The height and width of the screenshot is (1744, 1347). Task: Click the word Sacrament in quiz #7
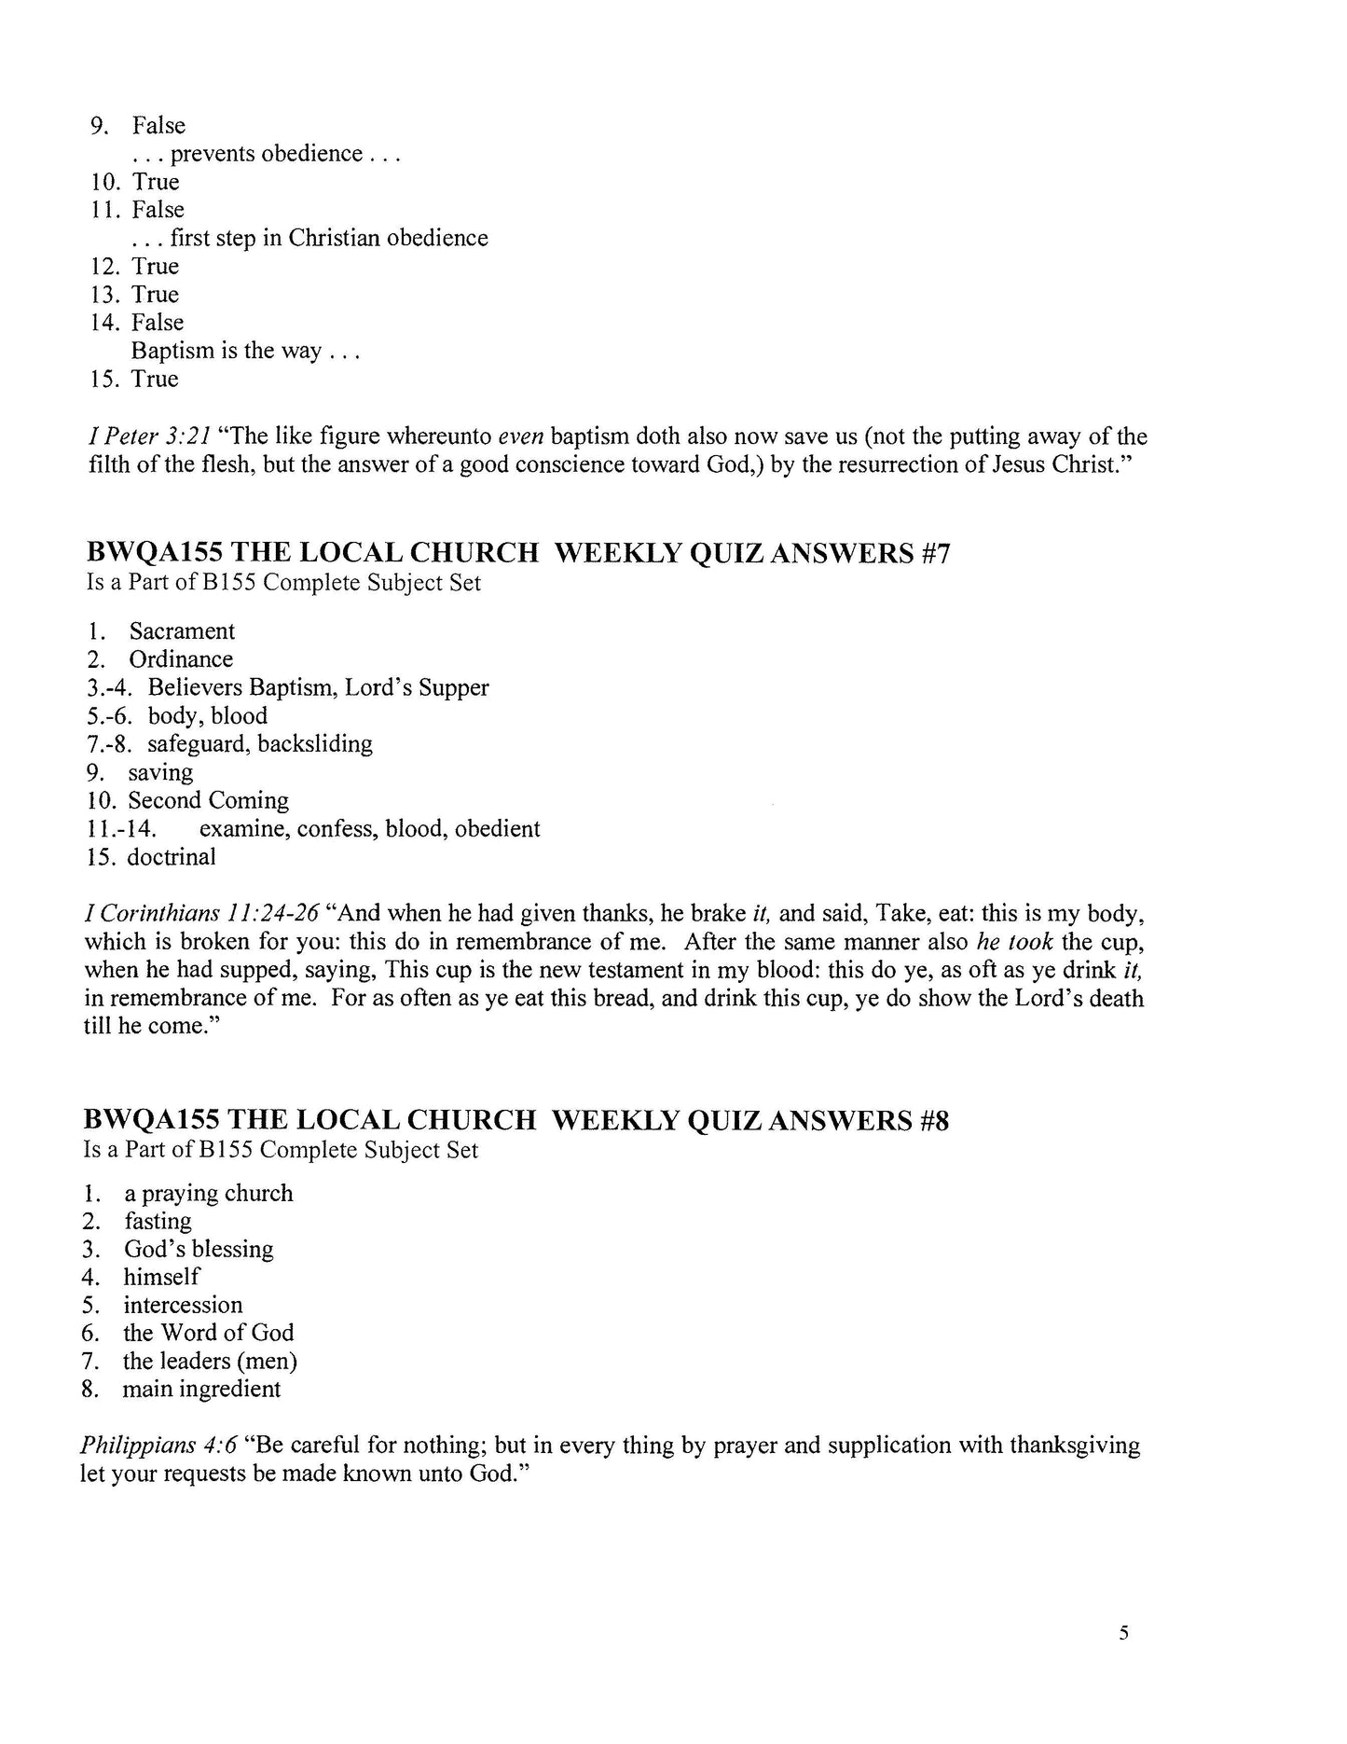(182, 631)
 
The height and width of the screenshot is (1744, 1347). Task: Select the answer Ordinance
(181, 659)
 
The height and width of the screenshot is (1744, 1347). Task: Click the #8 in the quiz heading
(932, 1120)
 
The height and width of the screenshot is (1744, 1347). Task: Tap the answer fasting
(158, 1221)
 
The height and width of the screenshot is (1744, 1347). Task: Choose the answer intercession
(183, 1305)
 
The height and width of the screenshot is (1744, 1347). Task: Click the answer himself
(161, 1277)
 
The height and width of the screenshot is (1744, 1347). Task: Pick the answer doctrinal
(172, 857)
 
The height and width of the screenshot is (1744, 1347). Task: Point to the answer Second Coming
(208, 800)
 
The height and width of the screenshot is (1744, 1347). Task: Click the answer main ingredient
(201, 1389)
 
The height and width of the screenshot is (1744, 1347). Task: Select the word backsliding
(315, 743)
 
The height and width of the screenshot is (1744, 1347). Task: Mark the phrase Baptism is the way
(227, 351)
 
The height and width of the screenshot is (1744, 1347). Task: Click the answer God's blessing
(199, 1249)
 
